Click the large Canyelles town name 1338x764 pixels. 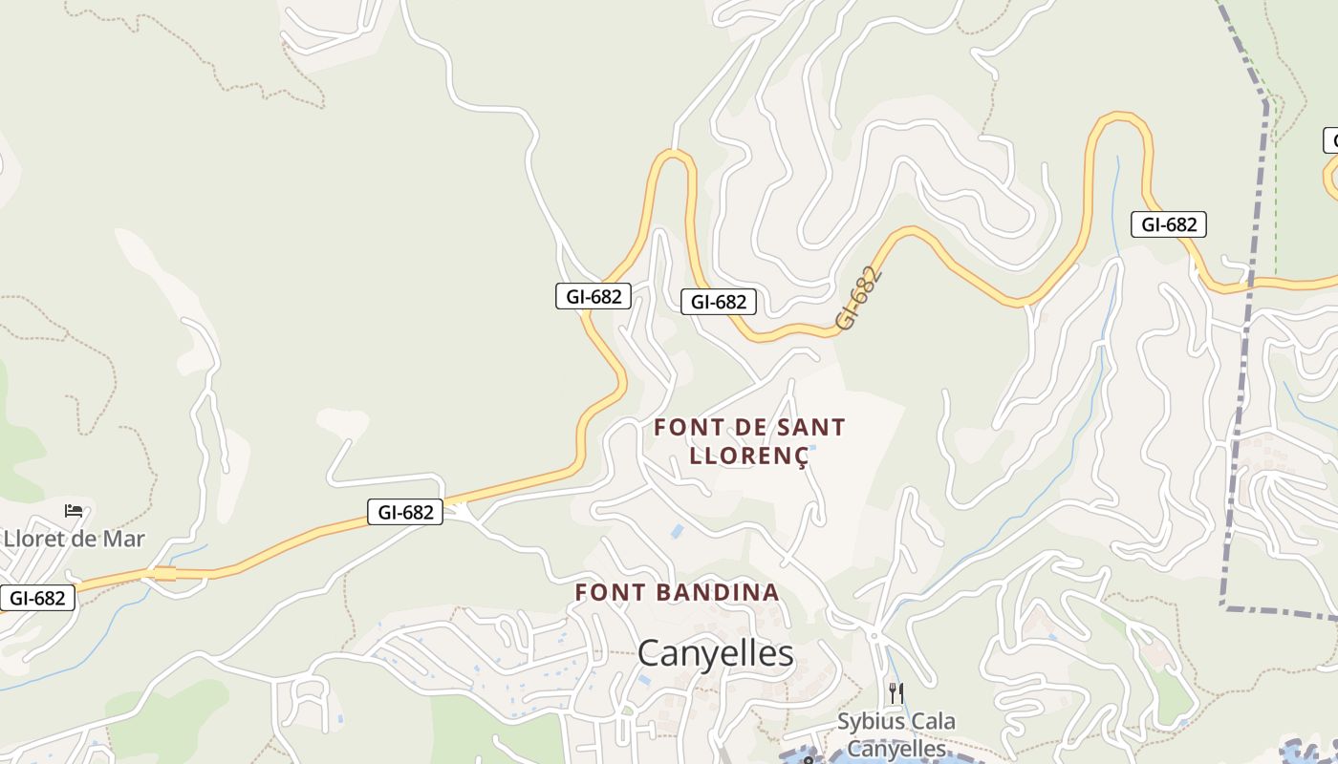pyautogui.click(x=715, y=654)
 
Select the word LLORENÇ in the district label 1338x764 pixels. pyautogui.click(x=749, y=456)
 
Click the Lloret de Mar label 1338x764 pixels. pyautogui.click(x=75, y=539)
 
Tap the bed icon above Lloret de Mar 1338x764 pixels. pyautogui.click(x=74, y=511)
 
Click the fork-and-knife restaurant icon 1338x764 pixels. pyautogui.click(x=896, y=692)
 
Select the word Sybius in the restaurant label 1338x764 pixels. pyautogui.click(x=871, y=721)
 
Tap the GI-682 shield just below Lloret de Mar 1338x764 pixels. pyautogui.click(x=37, y=599)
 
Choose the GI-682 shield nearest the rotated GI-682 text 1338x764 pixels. pyautogui.click(x=719, y=302)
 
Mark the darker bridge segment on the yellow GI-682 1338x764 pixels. pyautogui.click(x=164, y=573)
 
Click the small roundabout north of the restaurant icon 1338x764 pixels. pyautogui.click(x=874, y=635)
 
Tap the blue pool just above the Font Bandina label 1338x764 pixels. pyautogui.click(x=677, y=530)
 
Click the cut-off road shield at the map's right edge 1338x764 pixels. pyautogui.click(x=1331, y=140)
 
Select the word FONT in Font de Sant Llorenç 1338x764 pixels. pyautogui.click(x=682, y=428)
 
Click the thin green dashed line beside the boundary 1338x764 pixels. pyautogui.click(x=1276, y=191)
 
